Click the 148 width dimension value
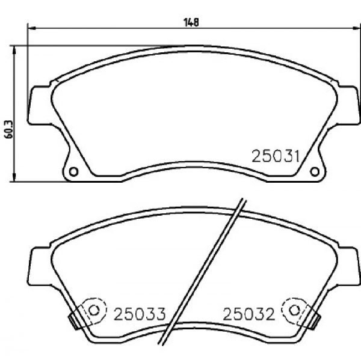[x=191, y=22]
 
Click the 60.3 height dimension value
[x=9, y=129]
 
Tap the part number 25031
[x=276, y=156]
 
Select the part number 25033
[x=140, y=314]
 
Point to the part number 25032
[x=249, y=314]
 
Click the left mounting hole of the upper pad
[x=73, y=172]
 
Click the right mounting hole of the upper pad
[x=315, y=172]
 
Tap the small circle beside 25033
[x=94, y=310]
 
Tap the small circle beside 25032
[x=294, y=310]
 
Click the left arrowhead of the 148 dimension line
[x=31, y=28]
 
